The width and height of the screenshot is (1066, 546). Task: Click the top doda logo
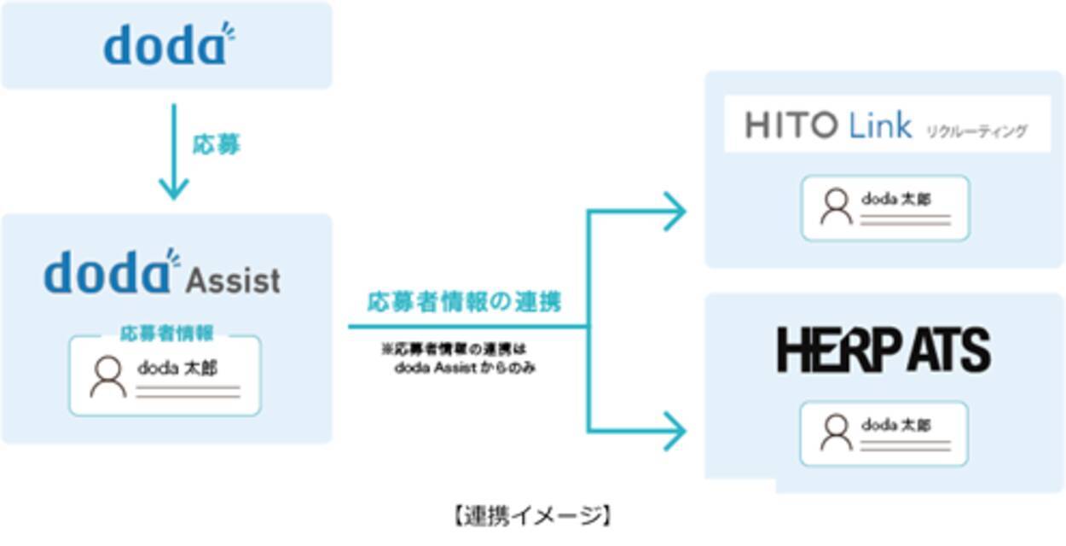(x=168, y=45)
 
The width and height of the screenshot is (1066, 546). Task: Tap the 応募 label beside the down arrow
(x=216, y=145)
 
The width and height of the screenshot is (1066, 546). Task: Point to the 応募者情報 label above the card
(x=166, y=334)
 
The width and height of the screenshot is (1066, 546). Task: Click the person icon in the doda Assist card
(x=108, y=377)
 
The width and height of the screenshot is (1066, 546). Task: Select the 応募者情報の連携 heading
(x=464, y=302)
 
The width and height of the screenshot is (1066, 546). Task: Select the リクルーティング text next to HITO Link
(x=976, y=131)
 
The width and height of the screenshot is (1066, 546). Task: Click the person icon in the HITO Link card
(x=836, y=206)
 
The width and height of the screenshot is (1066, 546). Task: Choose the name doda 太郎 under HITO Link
(x=895, y=200)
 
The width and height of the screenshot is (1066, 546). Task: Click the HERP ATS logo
(x=884, y=350)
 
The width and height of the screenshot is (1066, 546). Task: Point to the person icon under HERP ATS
(x=836, y=433)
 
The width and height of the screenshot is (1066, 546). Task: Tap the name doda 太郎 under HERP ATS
(x=895, y=425)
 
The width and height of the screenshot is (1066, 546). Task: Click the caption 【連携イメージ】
(x=532, y=515)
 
